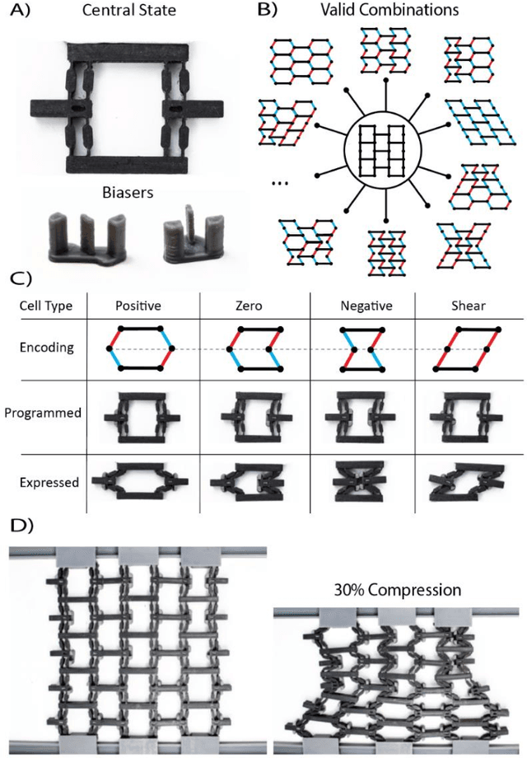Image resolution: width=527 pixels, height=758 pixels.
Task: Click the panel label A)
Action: [x=17, y=11]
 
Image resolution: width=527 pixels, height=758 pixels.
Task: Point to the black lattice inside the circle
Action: [x=385, y=156]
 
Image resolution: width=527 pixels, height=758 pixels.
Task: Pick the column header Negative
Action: [x=363, y=306]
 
